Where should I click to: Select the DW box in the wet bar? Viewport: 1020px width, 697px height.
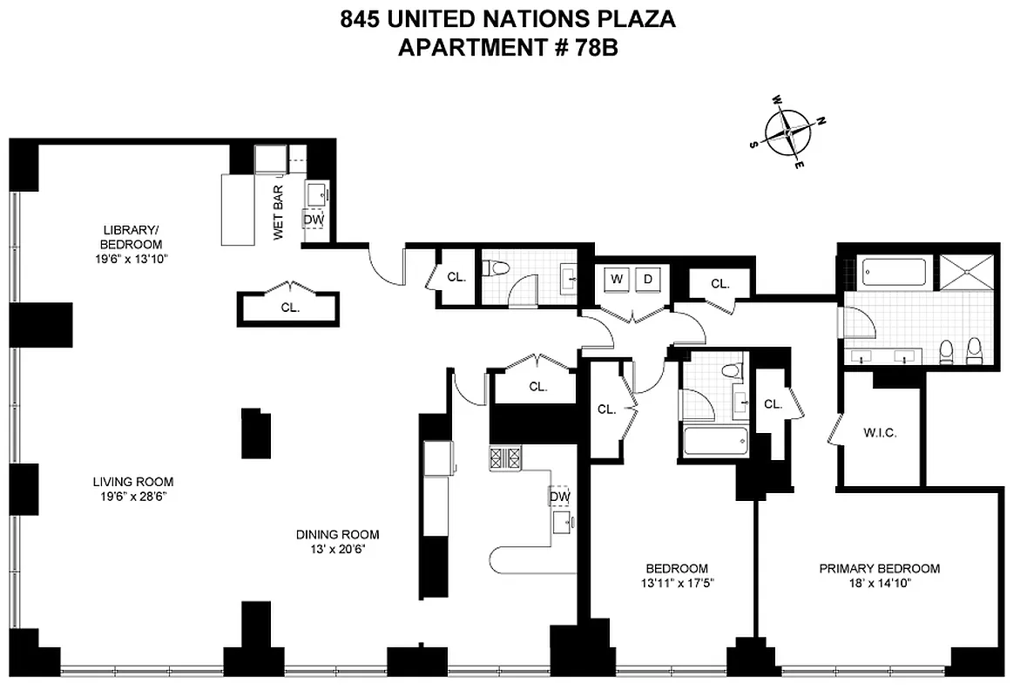314,220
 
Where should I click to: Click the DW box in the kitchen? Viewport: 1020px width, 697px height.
559,497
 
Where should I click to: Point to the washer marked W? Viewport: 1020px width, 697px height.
617,280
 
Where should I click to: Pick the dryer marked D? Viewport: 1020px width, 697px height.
647,280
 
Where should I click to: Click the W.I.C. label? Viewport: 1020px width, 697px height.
880,433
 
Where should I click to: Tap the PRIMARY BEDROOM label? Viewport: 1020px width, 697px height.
879,569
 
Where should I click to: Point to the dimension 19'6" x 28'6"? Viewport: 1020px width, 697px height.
133,496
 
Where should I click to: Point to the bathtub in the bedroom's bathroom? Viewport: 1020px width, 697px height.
715,441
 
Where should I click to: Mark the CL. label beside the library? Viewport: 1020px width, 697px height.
290,308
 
